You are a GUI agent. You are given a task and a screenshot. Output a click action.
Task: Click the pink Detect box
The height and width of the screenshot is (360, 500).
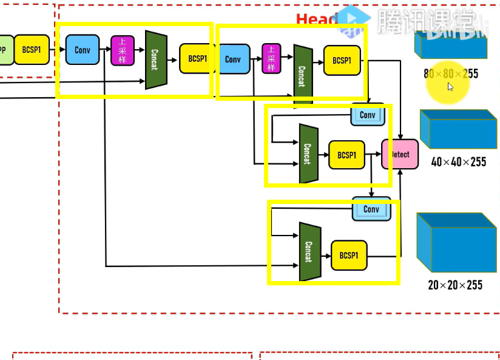pos(400,154)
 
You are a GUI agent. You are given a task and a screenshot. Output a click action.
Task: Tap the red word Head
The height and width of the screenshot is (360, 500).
pos(316,20)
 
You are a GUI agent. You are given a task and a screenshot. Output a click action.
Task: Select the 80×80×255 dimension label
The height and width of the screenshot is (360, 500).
pos(451,74)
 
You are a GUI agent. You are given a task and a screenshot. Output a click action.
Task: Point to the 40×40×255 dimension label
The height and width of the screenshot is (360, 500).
pos(458,162)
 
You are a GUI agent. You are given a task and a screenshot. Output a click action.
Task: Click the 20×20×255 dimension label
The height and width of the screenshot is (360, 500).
pos(455,285)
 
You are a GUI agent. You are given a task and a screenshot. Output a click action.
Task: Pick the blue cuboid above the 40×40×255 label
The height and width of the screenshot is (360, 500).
pos(458,129)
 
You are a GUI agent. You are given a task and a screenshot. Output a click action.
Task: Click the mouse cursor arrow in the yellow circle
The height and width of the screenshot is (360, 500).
pos(450,87)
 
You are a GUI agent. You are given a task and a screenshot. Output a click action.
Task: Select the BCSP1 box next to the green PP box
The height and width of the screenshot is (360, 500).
pos(32,50)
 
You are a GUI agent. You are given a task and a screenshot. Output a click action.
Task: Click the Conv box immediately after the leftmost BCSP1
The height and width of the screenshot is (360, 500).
pos(82,50)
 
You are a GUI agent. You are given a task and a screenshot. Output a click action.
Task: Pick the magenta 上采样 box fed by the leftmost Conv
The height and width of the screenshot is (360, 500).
pos(122,50)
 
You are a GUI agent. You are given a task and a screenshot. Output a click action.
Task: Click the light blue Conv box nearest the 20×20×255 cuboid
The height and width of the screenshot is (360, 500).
pos(371,209)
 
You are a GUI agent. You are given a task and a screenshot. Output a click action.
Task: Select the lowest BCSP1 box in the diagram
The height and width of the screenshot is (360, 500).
pos(349,256)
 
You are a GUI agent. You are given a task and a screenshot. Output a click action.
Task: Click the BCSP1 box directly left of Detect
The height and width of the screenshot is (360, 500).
pos(346,155)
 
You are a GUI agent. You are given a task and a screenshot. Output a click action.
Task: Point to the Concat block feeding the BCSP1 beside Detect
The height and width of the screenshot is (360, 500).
pos(308,154)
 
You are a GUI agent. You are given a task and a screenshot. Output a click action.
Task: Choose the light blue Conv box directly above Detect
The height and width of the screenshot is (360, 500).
pos(368,115)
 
